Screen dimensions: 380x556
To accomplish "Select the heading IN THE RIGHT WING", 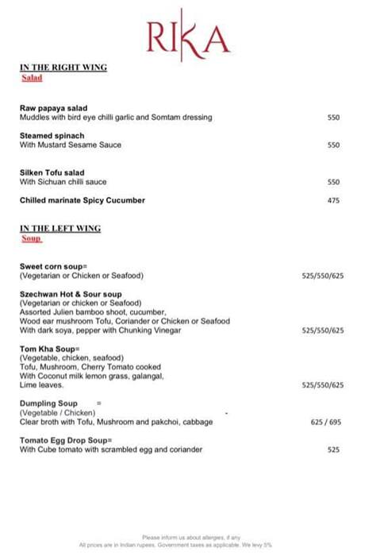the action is tap(63, 68).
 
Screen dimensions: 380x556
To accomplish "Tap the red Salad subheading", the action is tap(32, 78).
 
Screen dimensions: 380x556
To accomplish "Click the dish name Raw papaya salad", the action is tap(53, 108).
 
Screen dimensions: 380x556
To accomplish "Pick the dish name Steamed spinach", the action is tap(52, 136).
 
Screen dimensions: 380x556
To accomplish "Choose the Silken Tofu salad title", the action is tap(52, 172).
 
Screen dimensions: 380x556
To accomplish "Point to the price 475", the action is tap(333, 201).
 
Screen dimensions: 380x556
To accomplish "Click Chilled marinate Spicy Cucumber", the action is tap(83, 201).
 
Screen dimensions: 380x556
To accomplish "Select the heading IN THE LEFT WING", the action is tap(59, 229).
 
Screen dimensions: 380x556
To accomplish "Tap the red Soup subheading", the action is tap(31, 238).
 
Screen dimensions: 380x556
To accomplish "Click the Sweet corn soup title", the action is tap(54, 266).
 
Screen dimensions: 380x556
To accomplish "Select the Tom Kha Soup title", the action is tap(50, 348).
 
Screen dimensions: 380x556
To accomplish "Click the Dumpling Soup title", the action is tap(48, 403).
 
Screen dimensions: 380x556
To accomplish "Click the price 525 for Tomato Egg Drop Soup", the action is tap(333, 450).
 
